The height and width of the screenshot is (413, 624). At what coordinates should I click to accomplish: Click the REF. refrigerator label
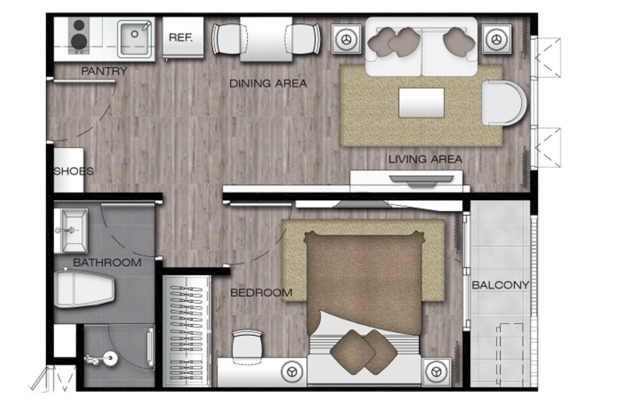click(181, 37)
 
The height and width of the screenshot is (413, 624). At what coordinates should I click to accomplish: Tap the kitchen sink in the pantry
click(135, 38)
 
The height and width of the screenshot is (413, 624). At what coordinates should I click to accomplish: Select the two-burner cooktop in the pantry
click(79, 36)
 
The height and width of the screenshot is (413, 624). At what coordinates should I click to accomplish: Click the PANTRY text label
click(105, 71)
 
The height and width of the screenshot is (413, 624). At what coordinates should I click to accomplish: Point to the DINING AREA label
click(268, 83)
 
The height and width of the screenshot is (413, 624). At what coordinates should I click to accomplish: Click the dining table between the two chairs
click(266, 40)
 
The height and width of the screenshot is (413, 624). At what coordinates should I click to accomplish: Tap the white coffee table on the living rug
click(421, 103)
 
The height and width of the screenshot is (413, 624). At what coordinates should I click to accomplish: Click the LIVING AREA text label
click(425, 160)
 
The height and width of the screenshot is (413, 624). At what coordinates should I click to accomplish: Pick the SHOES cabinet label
click(73, 171)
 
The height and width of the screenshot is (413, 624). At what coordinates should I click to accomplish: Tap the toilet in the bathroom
click(84, 288)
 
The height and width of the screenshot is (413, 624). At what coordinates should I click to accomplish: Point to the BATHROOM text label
click(108, 263)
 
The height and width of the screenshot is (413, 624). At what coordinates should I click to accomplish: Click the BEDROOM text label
click(261, 293)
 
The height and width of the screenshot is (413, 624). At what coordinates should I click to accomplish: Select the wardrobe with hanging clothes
click(186, 330)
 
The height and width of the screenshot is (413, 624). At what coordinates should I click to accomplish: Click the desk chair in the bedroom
click(247, 344)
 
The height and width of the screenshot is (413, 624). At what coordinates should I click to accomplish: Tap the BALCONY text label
click(500, 285)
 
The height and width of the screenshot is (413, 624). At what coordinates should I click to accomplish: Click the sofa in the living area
click(421, 47)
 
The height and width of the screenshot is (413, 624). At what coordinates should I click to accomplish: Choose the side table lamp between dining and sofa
click(346, 39)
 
